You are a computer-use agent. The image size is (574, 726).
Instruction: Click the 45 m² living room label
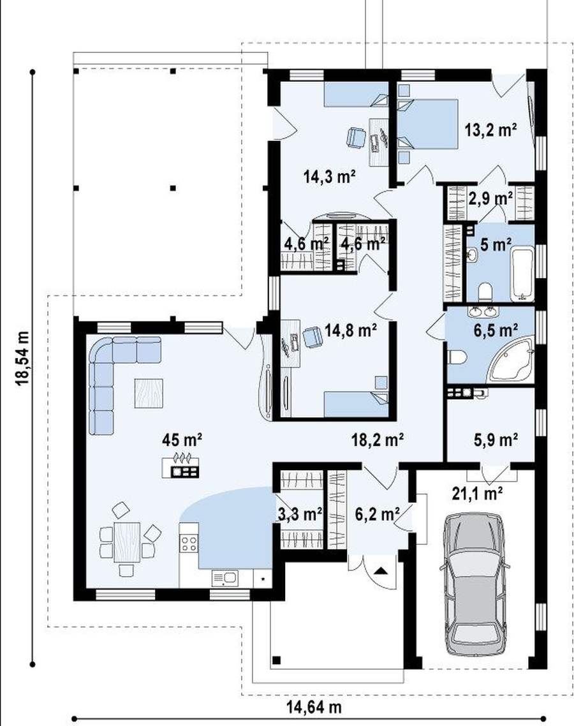tap(182, 439)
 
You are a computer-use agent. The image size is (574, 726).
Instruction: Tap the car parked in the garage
tap(475, 584)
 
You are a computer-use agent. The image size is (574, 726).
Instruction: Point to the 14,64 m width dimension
tap(314, 707)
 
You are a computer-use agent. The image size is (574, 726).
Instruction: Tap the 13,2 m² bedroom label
tap(490, 130)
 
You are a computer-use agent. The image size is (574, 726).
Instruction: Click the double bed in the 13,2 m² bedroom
tap(428, 124)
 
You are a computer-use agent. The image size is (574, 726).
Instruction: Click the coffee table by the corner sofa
tap(149, 393)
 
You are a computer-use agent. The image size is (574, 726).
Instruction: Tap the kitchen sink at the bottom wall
tap(225, 578)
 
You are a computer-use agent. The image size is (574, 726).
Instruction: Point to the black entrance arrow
tap(381, 570)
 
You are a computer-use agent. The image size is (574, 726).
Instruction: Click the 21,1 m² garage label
tap(477, 494)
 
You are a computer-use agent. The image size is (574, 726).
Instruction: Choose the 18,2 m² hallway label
tap(378, 439)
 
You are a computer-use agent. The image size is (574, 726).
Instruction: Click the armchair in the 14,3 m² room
tap(355, 138)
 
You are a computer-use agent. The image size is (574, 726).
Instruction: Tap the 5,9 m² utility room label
tap(496, 440)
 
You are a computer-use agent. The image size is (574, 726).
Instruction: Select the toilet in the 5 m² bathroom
tap(485, 292)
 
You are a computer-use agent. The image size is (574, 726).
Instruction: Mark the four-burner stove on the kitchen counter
tap(189, 543)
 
